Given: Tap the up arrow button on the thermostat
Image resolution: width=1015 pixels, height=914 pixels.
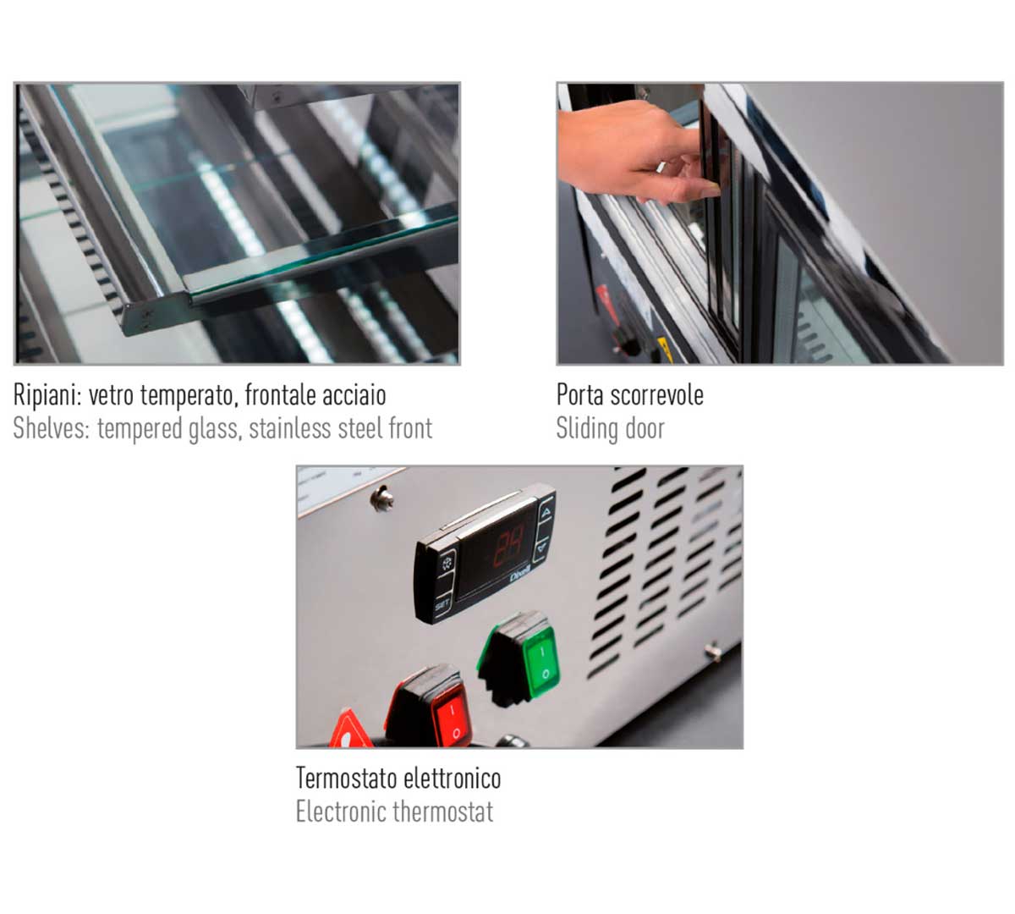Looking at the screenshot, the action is click(546, 513).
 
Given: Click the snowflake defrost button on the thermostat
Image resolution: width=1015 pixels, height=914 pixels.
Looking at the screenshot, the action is click(447, 564).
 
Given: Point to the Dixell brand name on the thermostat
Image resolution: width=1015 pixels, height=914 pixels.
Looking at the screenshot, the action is click(519, 576).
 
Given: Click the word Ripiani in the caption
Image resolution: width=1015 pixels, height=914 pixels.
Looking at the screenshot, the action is click(47, 395).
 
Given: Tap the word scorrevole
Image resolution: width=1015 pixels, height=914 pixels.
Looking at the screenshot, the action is click(656, 395).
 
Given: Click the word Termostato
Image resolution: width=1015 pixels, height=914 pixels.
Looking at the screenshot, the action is click(342, 778).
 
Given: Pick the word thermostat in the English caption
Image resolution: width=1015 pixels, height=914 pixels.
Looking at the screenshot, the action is click(443, 812).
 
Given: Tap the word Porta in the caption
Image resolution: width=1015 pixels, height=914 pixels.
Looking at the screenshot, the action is click(580, 395).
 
